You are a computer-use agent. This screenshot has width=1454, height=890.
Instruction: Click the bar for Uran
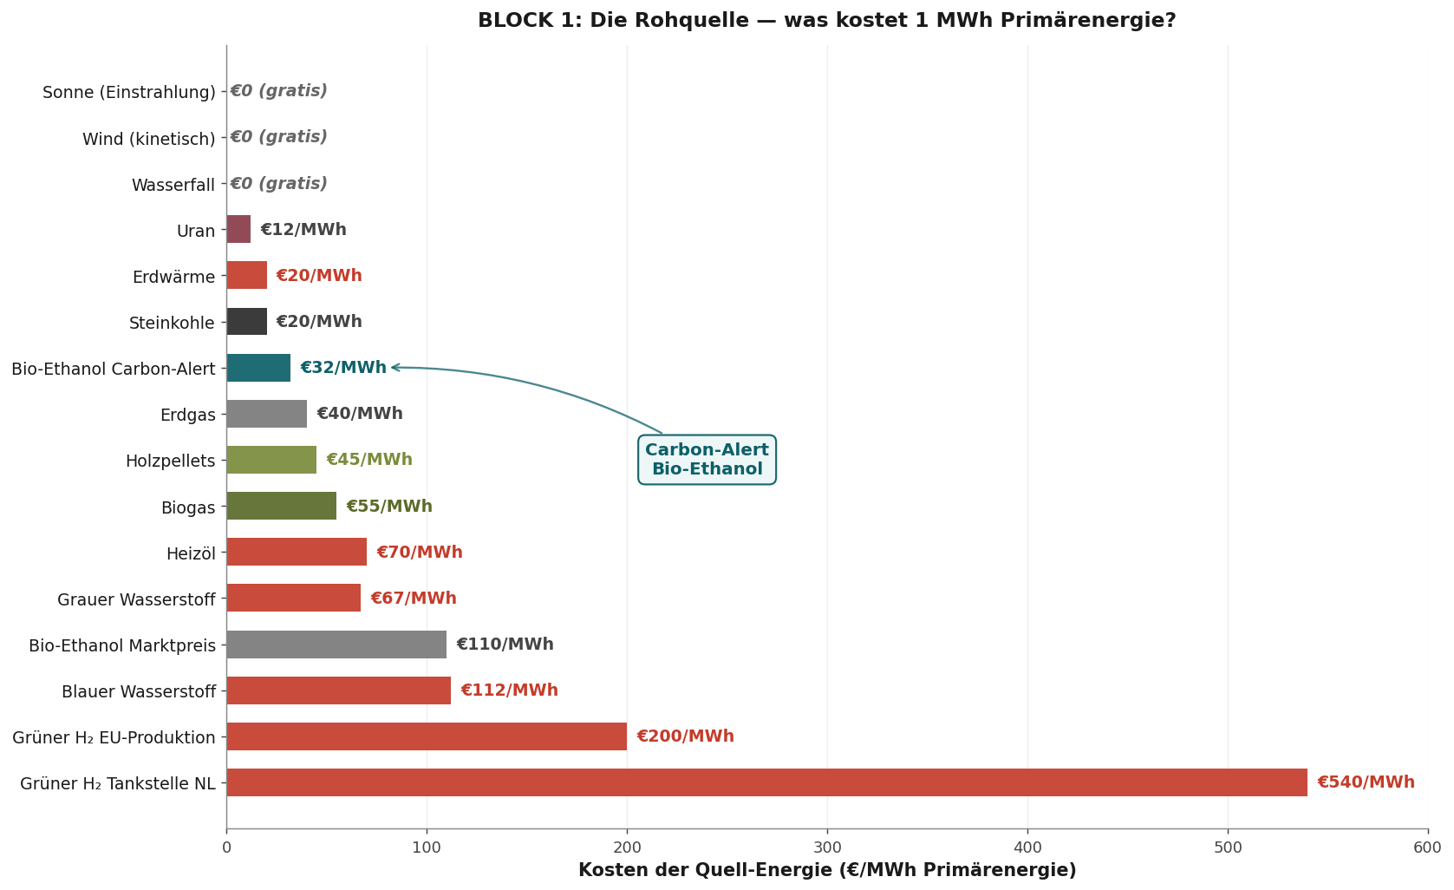tap(238, 229)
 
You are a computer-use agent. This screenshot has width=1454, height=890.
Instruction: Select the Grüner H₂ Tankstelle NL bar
tap(766, 782)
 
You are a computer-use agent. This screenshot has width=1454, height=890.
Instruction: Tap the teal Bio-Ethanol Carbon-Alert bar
tap(258, 368)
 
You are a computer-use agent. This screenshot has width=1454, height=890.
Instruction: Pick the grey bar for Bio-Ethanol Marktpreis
tap(336, 645)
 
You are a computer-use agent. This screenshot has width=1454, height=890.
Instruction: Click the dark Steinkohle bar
tap(246, 322)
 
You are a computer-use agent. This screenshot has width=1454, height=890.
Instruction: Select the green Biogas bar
tap(282, 506)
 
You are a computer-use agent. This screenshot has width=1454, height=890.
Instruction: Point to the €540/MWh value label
tap(1366, 782)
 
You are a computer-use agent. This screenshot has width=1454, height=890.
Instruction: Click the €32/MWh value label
tap(343, 368)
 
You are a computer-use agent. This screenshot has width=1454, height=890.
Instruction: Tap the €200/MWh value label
tap(686, 736)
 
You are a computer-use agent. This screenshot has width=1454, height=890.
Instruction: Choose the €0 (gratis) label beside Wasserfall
tap(278, 183)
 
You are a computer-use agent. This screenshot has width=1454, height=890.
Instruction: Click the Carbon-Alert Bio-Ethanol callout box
tap(707, 459)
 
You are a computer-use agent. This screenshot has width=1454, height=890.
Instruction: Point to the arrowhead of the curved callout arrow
tap(394, 367)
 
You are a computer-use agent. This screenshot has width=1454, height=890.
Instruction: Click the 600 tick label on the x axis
tap(1428, 847)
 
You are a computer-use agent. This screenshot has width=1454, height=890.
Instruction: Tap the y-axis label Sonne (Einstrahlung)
tap(129, 92)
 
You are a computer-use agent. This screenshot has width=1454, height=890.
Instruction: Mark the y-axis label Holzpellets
tap(170, 461)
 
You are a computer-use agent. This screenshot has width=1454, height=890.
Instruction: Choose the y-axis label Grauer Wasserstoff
tap(136, 599)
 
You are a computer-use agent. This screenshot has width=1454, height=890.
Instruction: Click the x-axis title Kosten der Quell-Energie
tap(827, 870)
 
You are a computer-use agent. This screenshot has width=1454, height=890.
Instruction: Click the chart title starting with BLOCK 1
tap(827, 20)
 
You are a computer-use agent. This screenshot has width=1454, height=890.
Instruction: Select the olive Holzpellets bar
tap(271, 460)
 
